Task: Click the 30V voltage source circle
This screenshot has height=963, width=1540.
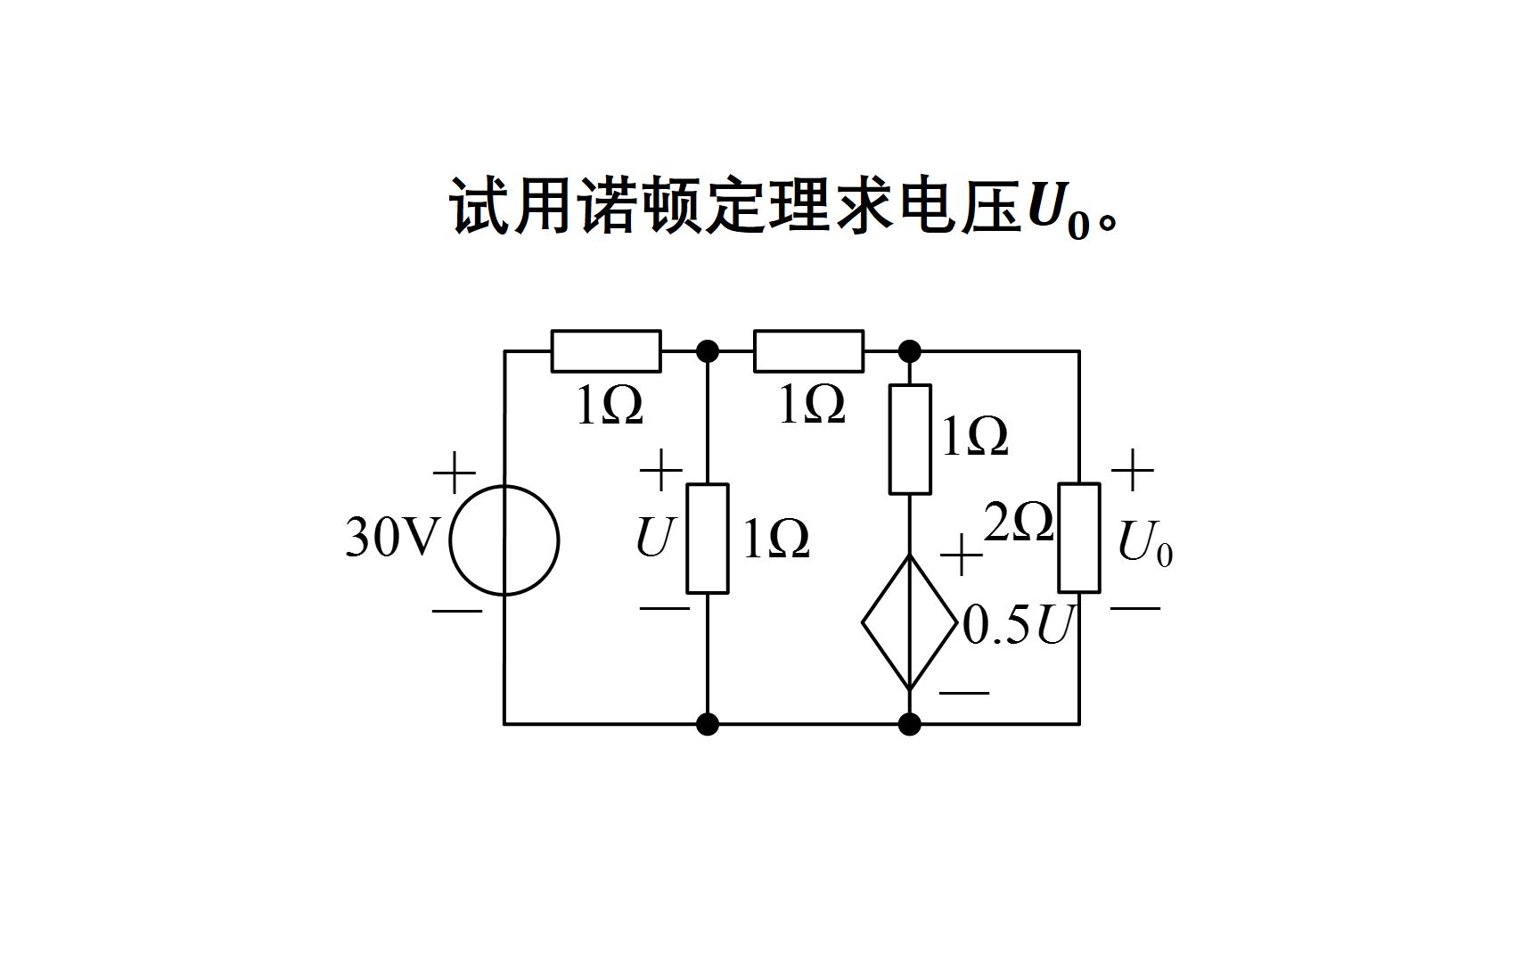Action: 504,539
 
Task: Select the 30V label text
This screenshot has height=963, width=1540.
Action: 392,538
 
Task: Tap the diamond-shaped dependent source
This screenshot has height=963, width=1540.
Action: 909,623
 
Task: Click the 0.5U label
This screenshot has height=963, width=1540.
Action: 1016,626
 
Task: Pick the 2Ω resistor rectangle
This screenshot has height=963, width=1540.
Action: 1078,538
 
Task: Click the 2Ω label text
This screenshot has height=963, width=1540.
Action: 1019,523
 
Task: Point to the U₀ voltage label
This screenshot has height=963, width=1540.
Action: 1144,542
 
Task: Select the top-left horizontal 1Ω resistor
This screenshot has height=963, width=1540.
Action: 606,351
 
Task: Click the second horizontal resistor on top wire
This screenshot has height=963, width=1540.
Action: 808,351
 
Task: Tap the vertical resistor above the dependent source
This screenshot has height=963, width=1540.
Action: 910,440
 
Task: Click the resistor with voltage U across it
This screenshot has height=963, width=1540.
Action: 707,539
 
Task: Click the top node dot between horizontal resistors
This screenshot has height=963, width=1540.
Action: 707,351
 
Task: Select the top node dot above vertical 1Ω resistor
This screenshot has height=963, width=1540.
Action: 910,351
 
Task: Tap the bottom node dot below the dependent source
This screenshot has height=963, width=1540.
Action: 910,724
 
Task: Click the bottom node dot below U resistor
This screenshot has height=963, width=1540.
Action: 707,724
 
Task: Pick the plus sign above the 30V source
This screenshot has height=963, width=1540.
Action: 455,473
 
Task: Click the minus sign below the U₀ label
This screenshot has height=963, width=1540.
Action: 1135,608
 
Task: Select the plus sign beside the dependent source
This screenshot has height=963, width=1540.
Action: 962,556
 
